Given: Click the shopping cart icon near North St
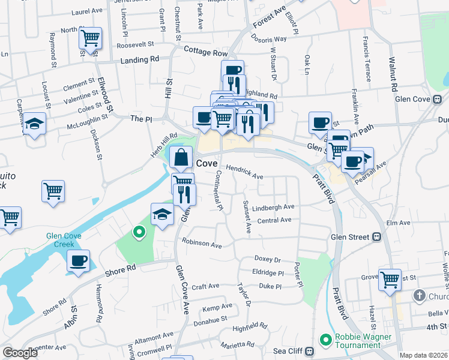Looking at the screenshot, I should point(90,38).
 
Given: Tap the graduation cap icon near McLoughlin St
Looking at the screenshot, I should point(35,124).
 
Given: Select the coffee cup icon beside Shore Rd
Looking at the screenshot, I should point(78,261).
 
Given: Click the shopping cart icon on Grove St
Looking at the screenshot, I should point(390,279).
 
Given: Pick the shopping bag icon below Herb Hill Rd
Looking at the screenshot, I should point(181,158).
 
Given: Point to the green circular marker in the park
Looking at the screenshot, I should point(139,232).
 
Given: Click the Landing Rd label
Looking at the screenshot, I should point(139,60).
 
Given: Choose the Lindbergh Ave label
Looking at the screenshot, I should point(273,207).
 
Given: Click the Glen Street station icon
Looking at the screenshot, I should point(377,237).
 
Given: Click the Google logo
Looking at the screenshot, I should point(20,353).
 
